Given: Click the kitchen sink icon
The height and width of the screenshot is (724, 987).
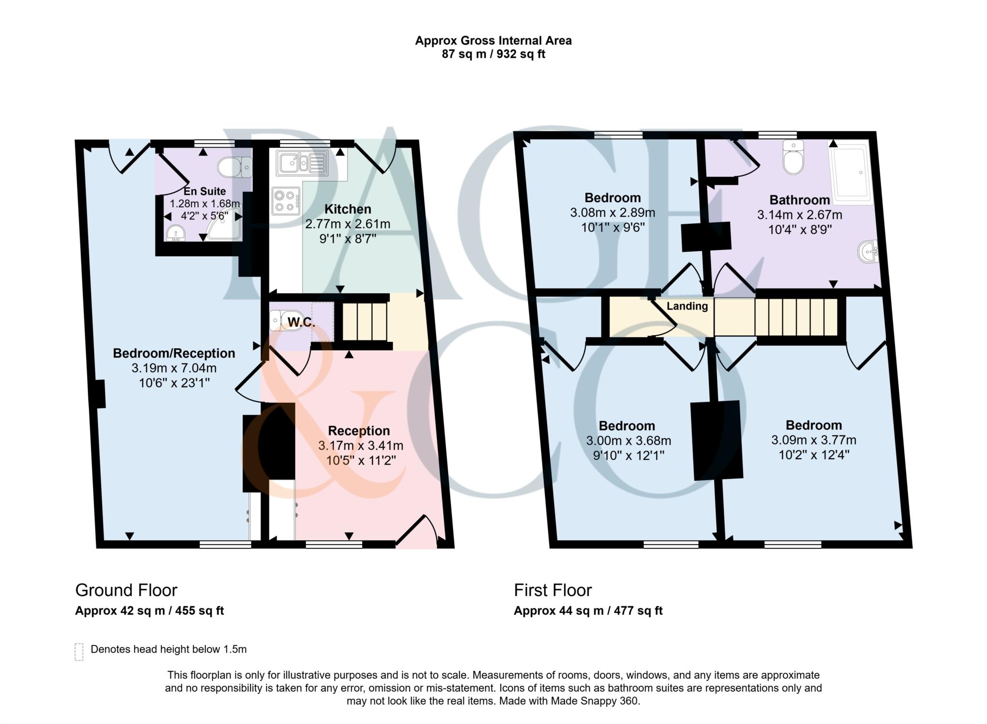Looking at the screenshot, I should (x=301, y=163).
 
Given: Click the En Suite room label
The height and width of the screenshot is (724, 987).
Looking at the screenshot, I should (x=204, y=191).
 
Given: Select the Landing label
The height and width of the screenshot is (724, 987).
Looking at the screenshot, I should (x=687, y=306).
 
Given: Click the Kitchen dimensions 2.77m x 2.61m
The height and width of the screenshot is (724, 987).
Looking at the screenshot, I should (x=347, y=224).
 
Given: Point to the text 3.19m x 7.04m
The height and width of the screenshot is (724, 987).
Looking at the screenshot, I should (x=174, y=368).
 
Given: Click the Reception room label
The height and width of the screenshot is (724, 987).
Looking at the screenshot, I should (x=359, y=430).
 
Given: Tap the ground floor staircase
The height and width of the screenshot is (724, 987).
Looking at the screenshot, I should (x=365, y=321).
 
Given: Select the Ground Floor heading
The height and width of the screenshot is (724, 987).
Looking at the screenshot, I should (x=126, y=590).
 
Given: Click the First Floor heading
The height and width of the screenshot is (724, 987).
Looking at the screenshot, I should (x=553, y=590).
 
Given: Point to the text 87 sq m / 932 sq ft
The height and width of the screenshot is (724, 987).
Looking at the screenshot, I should (x=493, y=54).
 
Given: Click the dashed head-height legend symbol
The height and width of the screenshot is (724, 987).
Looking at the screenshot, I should (x=80, y=651).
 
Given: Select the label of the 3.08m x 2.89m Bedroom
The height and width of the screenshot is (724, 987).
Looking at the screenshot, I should (x=612, y=197).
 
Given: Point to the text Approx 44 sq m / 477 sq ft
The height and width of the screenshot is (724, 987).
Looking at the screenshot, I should (x=588, y=611).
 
